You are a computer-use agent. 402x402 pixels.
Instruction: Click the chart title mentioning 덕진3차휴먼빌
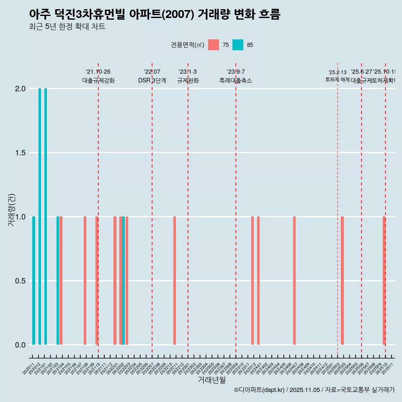click(x=155, y=14)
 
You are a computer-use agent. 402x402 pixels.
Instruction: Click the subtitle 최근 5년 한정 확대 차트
click(x=67, y=27)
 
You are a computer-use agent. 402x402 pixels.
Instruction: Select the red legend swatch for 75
click(x=214, y=45)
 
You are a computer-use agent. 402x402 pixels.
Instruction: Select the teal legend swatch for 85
click(x=238, y=45)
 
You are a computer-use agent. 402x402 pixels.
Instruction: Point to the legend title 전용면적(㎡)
click(x=187, y=45)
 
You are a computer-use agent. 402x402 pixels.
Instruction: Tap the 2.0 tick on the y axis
click(x=21, y=89)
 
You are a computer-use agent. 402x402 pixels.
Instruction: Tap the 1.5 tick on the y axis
click(x=21, y=153)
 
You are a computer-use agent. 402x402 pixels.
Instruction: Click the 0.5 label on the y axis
click(x=21, y=281)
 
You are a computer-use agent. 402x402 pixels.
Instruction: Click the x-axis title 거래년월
click(x=211, y=380)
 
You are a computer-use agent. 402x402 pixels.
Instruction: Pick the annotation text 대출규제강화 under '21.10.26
click(x=98, y=81)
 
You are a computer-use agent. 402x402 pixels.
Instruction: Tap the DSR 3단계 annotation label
click(x=152, y=81)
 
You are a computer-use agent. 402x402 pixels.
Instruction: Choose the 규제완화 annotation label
click(x=188, y=81)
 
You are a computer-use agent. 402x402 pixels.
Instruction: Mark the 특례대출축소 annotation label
click(x=235, y=81)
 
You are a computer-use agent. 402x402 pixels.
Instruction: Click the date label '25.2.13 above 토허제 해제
click(x=337, y=72)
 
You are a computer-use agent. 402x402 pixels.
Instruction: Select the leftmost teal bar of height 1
click(x=33, y=281)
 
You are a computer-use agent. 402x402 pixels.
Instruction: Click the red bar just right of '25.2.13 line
click(x=342, y=281)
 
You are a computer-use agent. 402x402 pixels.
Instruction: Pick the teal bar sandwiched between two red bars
click(x=124, y=281)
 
